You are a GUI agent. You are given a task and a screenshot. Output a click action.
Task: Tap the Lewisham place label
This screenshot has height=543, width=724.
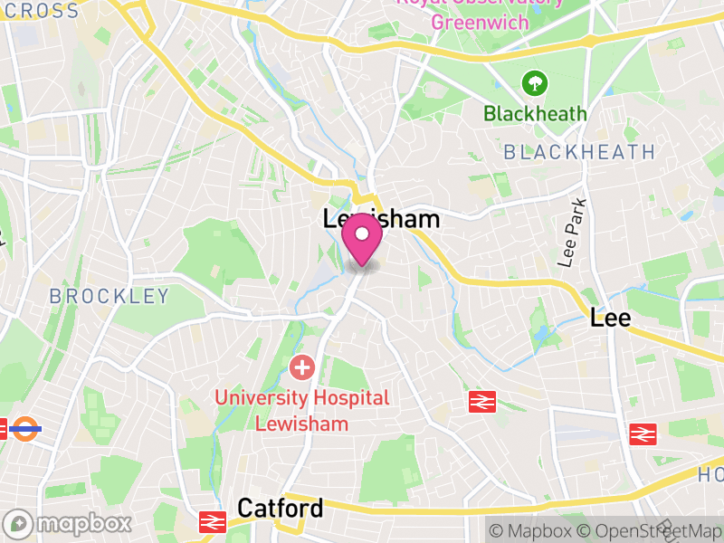pyautogui.click(x=381, y=219)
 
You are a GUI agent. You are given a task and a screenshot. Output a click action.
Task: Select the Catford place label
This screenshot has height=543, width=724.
pyautogui.click(x=280, y=509)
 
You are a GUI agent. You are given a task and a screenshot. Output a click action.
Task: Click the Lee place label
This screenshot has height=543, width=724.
pyautogui.click(x=610, y=318)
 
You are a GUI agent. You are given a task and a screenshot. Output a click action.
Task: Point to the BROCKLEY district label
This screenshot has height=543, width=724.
pyautogui.click(x=109, y=296)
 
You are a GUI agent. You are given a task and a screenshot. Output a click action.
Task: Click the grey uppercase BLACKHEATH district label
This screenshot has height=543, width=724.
pyautogui.click(x=579, y=152)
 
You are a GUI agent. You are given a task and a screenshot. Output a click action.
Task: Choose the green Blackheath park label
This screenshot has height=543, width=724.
pyautogui.click(x=535, y=114)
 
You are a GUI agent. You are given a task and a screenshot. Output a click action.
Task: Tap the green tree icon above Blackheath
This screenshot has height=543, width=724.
pyautogui.click(x=535, y=84)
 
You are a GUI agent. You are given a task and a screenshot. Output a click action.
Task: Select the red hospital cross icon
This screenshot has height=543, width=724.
pyautogui.click(x=301, y=367)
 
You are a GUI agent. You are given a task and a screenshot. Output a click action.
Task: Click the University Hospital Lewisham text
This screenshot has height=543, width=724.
pyautogui.click(x=302, y=410)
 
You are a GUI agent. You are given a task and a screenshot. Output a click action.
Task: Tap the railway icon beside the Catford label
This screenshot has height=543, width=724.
pyautogui.click(x=213, y=522)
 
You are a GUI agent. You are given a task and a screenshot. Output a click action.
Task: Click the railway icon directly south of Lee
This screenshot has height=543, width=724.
pyautogui.click(x=643, y=433)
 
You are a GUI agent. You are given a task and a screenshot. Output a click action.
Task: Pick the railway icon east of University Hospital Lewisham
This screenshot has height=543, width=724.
pyautogui.click(x=482, y=402)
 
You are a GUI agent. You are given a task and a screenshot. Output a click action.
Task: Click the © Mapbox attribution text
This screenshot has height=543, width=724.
pyautogui.click(x=532, y=531)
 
